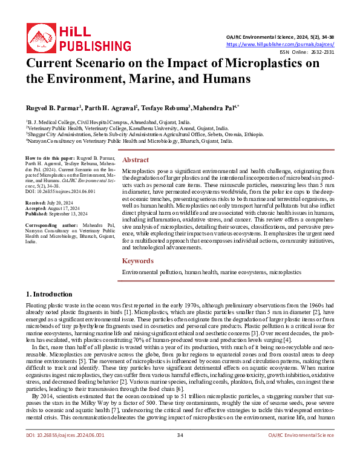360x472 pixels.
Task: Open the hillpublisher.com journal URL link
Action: point(280,44)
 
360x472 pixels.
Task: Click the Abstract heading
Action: point(136,160)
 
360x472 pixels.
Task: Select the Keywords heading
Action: point(139,261)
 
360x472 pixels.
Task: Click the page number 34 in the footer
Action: point(180,452)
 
